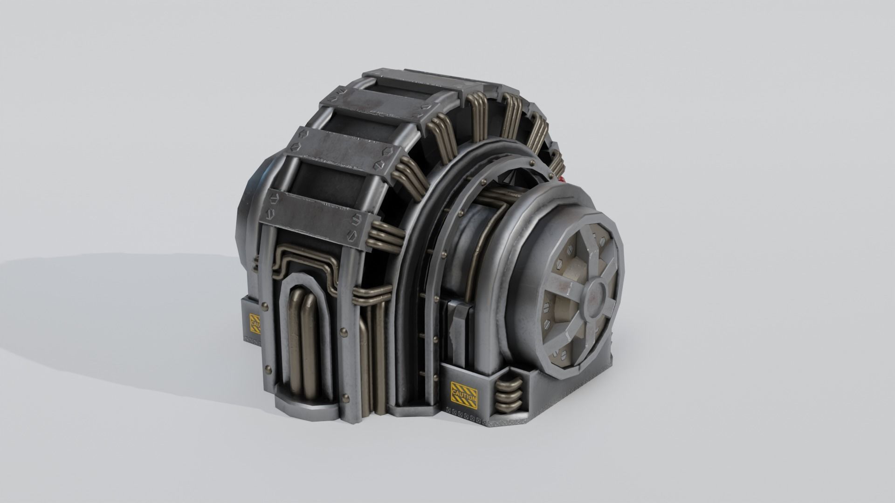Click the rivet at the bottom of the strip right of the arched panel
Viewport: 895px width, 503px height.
345,399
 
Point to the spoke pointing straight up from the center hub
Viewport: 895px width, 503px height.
592,252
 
